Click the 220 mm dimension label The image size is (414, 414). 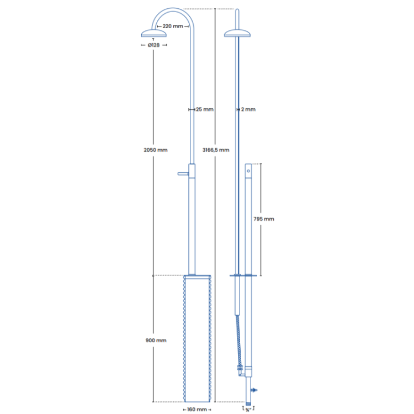pyautogui.click(x=172, y=26)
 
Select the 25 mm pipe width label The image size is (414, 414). pyautogui.click(x=204, y=109)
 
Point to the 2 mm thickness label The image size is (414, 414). pyautogui.click(x=248, y=109)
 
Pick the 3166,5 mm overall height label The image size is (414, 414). pyautogui.click(x=216, y=150)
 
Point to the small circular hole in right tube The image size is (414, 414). pyautogui.click(x=248, y=172)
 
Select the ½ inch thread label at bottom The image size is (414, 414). pyautogui.click(x=247, y=410)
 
